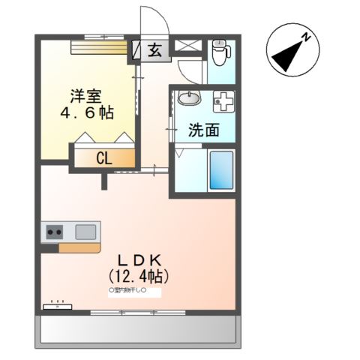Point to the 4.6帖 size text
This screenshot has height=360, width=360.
pos(87,113)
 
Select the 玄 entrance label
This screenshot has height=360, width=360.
pos(154,52)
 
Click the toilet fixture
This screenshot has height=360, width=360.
pos(220,52)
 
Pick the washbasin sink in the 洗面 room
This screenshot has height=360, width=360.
pos(189,99)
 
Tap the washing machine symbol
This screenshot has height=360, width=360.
pos(223,100)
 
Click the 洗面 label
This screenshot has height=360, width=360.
pos(203,130)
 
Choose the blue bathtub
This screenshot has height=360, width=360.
pos(221,170)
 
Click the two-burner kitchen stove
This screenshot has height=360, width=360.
pos(55,232)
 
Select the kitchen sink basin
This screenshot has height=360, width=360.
pos(85,231)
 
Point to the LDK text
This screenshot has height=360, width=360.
pos(139,260)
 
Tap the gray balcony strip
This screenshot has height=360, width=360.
pos(138,329)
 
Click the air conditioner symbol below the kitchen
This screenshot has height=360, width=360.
pos(57,306)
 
